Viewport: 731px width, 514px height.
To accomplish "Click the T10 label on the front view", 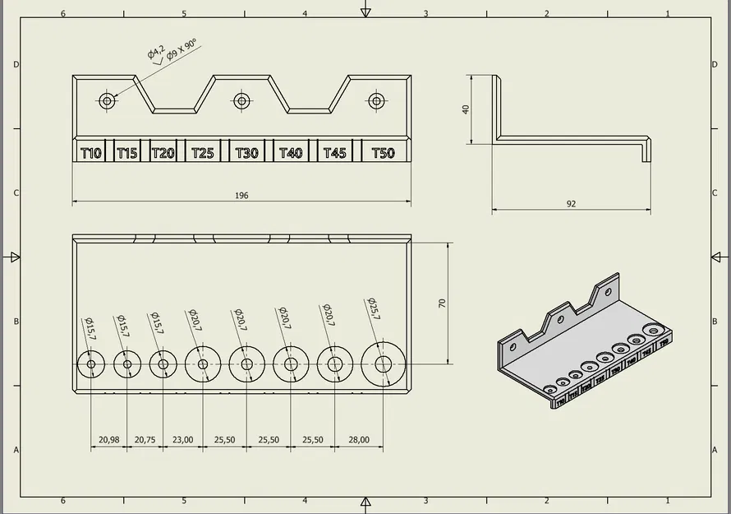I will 91,153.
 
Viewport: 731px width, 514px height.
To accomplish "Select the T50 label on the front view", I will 383,153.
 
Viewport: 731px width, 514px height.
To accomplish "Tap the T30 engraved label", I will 246,153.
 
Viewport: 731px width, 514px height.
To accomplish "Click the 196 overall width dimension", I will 241,196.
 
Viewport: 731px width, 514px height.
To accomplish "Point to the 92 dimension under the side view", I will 571,204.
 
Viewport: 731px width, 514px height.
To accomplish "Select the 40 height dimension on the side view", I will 466,109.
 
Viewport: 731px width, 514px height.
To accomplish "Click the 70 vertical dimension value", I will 442,303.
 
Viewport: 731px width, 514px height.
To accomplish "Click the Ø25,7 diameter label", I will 374,310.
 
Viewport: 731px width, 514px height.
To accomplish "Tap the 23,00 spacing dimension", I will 182,440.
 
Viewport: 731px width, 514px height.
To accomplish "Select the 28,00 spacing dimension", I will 359,440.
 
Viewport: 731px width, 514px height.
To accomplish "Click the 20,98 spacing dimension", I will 108,440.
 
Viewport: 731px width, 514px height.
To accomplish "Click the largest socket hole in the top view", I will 384,364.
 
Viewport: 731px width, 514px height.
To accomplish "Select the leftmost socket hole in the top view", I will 90,364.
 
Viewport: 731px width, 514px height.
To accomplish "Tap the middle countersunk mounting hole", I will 241,101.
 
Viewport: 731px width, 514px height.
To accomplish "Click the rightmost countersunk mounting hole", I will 376,101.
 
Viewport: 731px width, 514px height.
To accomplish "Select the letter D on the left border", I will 16,64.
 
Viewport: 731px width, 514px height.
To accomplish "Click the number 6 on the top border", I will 63,14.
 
